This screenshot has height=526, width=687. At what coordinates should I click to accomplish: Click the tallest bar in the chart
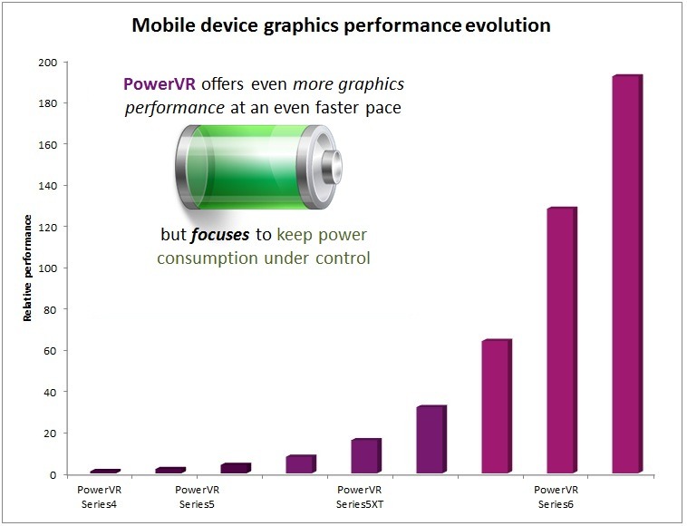pyautogui.click(x=627, y=274)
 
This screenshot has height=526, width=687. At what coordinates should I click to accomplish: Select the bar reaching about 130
pyautogui.click(x=562, y=340)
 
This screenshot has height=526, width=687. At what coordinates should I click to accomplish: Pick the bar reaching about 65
pyautogui.click(x=497, y=406)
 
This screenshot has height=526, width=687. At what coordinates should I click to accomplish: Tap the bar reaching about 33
pyautogui.click(x=431, y=439)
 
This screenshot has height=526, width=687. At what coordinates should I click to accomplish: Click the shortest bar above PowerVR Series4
pyautogui.click(x=105, y=472)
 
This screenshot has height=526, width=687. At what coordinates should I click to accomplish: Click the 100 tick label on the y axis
pyautogui.click(x=48, y=268)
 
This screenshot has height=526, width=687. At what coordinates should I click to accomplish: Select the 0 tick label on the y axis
pyautogui.click(x=53, y=474)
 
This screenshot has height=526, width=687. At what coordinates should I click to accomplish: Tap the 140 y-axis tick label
pyautogui.click(x=48, y=186)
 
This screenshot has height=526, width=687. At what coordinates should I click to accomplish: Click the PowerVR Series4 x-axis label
pyautogui.click(x=99, y=497)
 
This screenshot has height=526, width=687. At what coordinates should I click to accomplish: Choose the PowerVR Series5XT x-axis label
pyautogui.click(x=360, y=497)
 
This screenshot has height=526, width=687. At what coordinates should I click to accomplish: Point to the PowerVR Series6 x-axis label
pyautogui.click(x=556, y=497)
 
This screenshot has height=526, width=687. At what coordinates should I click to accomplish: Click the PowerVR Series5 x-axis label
pyautogui.click(x=198, y=497)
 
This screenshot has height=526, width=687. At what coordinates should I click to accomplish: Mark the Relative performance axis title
pyautogui.click(x=27, y=268)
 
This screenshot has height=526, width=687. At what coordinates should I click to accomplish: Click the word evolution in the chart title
pyautogui.click(x=508, y=25)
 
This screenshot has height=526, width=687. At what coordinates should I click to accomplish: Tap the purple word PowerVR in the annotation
pyautogui.click(x=160, y=83)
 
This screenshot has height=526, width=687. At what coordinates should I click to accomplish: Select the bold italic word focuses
pyautogui.click(x=220, y=235)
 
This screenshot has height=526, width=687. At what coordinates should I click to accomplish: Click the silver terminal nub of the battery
pyautogui.click(x=332, y=167)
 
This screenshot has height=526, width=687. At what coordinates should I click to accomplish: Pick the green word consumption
pyautogui.click(x=208, y=258)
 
